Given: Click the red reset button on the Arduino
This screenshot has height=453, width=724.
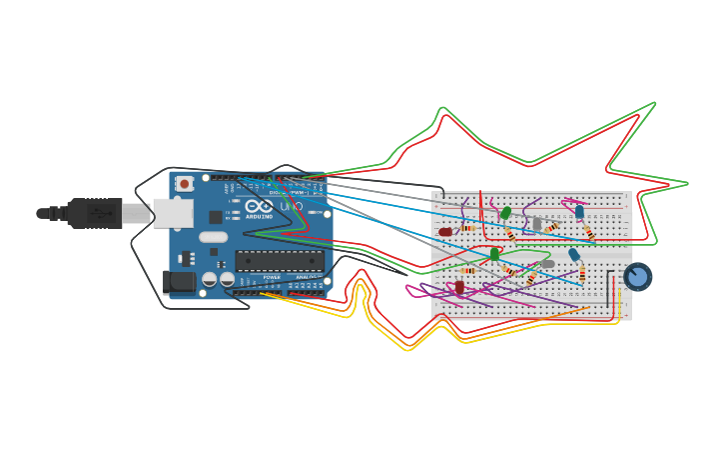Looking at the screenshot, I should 185,184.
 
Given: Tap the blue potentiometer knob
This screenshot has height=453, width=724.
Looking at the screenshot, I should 637,276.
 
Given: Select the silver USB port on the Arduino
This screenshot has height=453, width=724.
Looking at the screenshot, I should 172,213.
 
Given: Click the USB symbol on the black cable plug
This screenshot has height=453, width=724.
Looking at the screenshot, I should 100,213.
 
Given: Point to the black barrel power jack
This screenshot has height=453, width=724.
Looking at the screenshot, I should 179,282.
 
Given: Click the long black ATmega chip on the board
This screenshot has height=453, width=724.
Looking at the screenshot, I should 280,262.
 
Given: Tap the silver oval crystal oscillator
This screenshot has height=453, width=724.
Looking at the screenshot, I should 214,237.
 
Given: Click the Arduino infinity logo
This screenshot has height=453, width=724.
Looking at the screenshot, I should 259,206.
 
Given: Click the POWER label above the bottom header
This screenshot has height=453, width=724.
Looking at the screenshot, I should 272,277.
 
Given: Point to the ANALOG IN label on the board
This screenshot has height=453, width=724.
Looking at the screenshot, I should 307,277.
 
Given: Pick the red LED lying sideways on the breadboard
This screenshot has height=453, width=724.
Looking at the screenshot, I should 445,232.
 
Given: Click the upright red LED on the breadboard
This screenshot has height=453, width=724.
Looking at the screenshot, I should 459,287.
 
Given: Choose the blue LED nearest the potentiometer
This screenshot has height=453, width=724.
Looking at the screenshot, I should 574,255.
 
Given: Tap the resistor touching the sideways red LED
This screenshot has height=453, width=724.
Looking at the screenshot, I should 467,229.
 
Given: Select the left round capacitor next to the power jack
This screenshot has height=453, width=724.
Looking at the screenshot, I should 210,280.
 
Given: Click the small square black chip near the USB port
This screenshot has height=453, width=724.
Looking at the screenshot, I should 216,217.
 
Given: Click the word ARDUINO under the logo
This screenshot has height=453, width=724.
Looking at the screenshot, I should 259,216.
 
